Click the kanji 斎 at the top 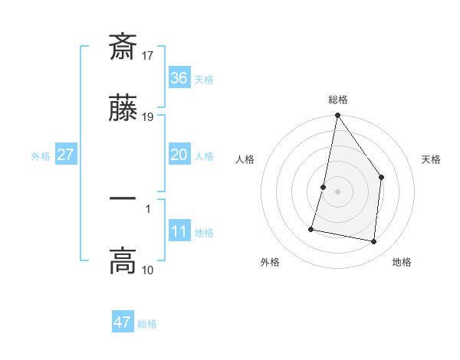123,47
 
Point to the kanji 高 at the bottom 123,261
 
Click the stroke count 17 149,55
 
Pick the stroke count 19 149,117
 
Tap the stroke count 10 148,270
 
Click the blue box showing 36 179,78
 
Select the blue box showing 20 179,155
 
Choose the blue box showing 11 179,232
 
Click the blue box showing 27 65,155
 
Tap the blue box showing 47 122,322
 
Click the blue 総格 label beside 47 147,324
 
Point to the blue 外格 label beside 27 41,156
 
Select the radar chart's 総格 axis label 338,100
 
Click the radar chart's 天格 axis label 432,159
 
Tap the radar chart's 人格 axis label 245,159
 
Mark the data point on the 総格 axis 337,116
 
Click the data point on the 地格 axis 373,242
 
